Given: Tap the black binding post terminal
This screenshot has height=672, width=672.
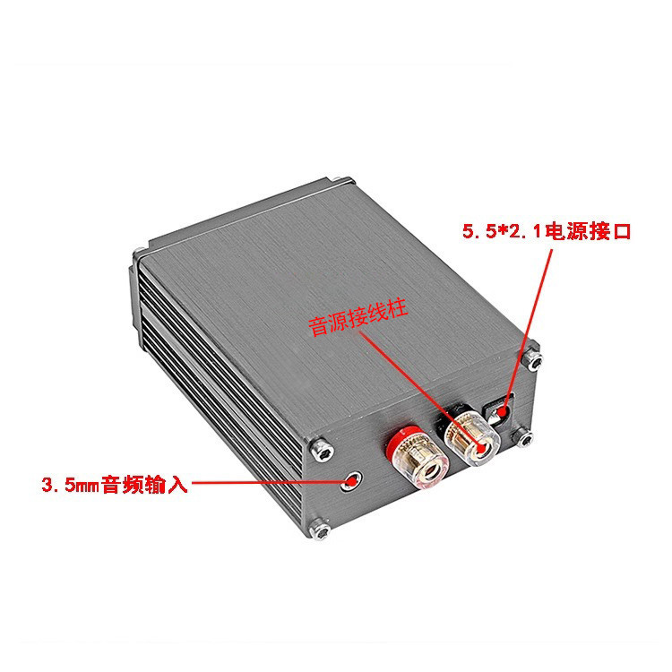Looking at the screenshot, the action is point(470,435).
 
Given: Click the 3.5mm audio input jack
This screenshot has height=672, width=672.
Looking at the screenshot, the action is point(352,481).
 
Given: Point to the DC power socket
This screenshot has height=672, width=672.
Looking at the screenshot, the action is point(500,410).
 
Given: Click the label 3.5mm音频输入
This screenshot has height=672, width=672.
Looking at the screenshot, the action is point(115,484).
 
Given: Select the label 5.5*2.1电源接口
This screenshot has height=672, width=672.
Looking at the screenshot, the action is point(547,231).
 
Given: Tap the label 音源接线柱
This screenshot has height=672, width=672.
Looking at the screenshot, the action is point(358,318).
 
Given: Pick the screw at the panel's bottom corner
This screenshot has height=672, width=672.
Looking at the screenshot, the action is point(320,530).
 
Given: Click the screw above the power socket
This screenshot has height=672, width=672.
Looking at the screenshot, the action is point(534,361).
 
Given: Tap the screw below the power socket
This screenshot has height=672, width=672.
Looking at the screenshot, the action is point(524,437).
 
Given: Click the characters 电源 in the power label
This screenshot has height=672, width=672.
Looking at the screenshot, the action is point(566,231).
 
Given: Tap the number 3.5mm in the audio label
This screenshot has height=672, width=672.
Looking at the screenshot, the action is point(70,485).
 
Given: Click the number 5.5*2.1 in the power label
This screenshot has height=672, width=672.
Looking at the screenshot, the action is point(503,231).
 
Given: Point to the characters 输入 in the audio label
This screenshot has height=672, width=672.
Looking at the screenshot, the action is point(167,484).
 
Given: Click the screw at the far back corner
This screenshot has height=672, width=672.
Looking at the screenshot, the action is point(138,254).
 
